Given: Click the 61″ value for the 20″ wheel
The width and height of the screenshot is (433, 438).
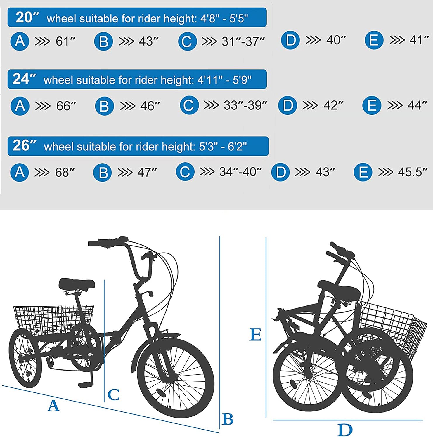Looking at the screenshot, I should [66, 41].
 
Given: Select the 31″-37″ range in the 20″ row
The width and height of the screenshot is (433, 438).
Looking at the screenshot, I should [243, 41].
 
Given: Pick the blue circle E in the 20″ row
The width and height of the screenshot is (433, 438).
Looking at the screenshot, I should [374, 40].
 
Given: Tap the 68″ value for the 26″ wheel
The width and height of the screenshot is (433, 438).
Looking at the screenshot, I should [65, 172].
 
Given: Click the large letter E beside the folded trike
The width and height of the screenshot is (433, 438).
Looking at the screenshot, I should [255, 335].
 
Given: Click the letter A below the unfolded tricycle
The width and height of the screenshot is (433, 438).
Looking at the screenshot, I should [53, 406].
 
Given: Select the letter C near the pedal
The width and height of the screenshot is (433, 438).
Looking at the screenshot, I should [113, 395].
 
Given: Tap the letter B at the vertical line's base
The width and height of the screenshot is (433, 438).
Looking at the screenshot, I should [228, 419].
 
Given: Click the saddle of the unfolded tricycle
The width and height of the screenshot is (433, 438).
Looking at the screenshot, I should [77, 284].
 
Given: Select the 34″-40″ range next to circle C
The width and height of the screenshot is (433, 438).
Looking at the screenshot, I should [240, 172].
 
